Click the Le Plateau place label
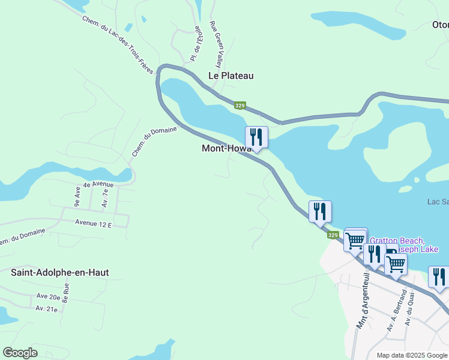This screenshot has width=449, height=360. point(231,76)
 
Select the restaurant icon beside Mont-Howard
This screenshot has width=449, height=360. point(256,137)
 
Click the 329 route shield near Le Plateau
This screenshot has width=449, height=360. point(240,106)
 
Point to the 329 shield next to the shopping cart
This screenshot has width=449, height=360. point(334,235)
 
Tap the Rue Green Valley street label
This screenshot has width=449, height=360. point(215,44)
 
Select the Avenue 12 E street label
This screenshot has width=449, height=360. point(94,223)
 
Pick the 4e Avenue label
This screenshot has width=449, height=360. point(98,184)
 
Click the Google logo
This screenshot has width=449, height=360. point(20,353)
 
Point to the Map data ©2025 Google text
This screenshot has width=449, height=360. point(412,355)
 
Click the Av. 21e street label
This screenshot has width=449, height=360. point(46,308)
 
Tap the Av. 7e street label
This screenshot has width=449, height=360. point(105,199)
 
